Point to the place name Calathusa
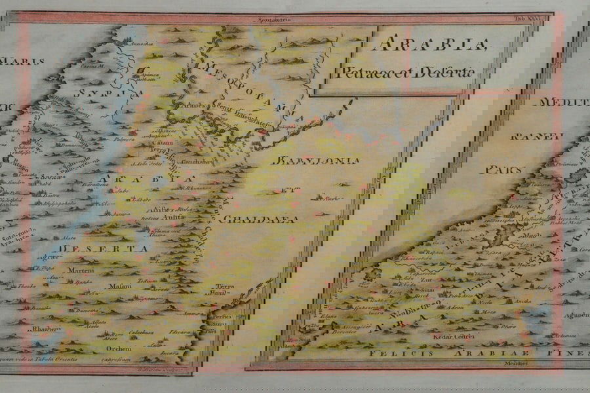(x=141, y=331)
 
